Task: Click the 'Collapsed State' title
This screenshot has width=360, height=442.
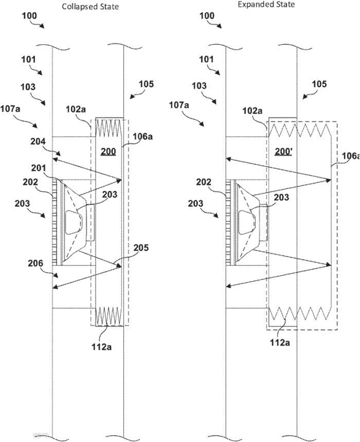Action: coord(90,7)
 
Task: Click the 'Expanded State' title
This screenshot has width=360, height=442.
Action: coord(266,4)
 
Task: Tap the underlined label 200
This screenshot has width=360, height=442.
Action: coord(109,152)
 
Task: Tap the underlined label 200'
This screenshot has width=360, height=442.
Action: coord(283,152)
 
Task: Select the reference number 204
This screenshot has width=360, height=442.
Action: coord(38,141)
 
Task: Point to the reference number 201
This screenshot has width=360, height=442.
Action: coord(38,168)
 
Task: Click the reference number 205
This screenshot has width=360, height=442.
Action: coord(141,247)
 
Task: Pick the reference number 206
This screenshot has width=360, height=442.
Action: coord(36,263)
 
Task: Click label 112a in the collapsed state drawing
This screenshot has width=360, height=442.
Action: coord(101,347)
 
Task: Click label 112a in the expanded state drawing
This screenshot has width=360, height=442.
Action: coord(280,343)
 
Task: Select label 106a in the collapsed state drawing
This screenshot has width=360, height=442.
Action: coord(142,137)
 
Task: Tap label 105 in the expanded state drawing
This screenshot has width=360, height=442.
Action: coord(319,84)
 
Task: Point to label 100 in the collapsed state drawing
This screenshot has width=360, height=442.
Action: coord(29,15)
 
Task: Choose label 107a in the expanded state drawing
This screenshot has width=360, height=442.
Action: coord(179,105)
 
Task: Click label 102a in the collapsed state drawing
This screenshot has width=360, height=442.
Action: coord(76,109)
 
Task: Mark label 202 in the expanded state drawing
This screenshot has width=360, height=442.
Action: coord(204,182)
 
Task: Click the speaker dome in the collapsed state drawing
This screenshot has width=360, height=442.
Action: coord(74,222)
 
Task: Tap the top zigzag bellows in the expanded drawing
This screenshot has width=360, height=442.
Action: coord(299,129)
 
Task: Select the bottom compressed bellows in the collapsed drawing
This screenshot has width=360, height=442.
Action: coord(109,316)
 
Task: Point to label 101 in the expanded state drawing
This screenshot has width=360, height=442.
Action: coord(207,60)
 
